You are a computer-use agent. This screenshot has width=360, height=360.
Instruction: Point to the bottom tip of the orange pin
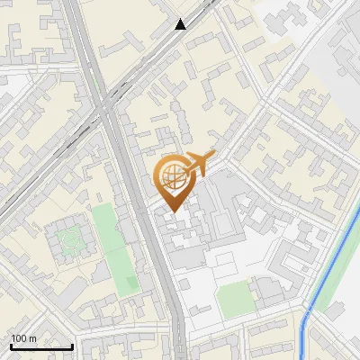pos(171,212)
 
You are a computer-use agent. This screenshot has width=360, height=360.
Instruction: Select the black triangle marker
pos(181,24)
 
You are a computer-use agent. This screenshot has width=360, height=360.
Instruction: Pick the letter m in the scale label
pos(33,339)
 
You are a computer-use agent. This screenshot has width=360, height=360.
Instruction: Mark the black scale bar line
pos(41,347)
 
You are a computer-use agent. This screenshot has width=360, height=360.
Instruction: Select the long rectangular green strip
pos(112,247)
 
